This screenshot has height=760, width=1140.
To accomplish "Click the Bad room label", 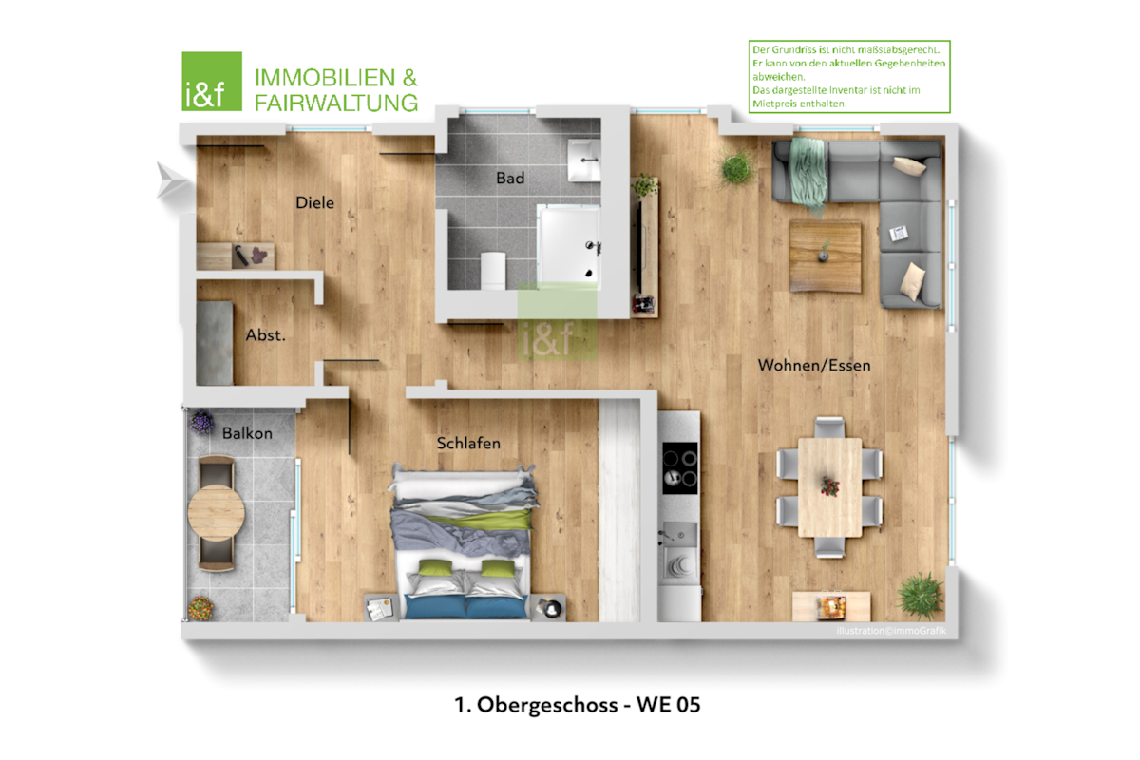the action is (x=510, y=179).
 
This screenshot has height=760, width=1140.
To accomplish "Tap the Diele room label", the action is (x=315, y=202).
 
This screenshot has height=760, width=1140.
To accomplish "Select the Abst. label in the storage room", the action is (x=266, y=335).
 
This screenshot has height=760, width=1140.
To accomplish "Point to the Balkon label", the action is (x=247, y=433).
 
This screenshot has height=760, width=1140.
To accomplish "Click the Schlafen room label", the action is (x=468, y=443).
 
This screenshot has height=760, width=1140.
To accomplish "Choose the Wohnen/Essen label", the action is (x=814, y=365).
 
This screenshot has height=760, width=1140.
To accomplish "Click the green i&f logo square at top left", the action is (x=212, y=82).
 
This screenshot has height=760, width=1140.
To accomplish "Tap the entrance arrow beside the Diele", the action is (x=172, y=180).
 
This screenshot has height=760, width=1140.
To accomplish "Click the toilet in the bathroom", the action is (x=493, y=271).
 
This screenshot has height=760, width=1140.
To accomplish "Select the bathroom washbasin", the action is (x=583, y=161).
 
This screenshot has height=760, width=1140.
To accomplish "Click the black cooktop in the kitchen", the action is (x=680, y=468).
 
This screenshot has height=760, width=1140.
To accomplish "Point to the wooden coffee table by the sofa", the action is (x=826, y=256).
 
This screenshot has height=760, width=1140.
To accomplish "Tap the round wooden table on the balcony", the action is (x=217, y=512).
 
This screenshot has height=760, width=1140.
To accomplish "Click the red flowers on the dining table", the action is (x=829, y=486).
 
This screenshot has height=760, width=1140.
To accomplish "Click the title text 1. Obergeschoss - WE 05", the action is (x=578, y=705).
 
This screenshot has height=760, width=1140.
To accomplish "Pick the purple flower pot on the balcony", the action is (x=201, y=422).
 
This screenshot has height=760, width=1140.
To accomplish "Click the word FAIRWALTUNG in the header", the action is (x=336, y=103).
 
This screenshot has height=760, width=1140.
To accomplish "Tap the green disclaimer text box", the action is (x=849, y=76).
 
